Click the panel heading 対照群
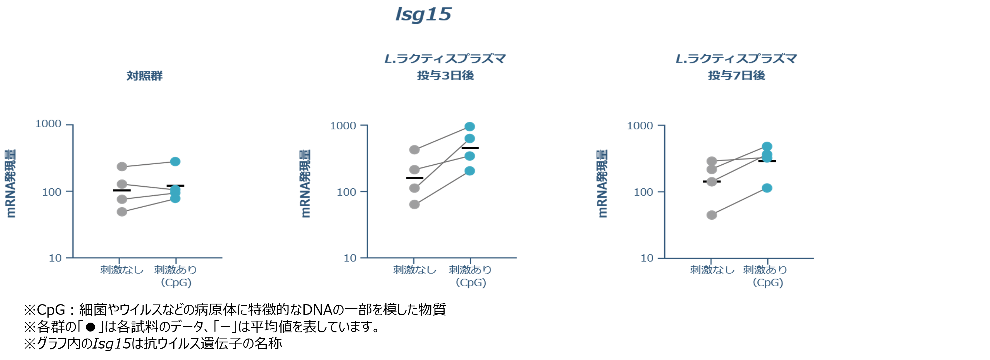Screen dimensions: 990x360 coord(144,76)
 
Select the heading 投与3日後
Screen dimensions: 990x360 coord(445,75)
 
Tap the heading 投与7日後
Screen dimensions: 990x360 coord(736,75)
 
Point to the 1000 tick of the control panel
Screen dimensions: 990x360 coord(48,124)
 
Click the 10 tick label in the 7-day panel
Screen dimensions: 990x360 coord(647,258)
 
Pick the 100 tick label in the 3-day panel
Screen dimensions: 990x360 coord(346,192)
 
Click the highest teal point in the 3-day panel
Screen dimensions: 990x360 coord(470,126)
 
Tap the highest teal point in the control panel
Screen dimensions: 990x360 coord(175,161)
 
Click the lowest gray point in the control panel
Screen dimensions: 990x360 coord(122,212)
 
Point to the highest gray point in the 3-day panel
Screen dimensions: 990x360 coord(414,150)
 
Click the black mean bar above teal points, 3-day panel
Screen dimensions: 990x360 coord(470,148)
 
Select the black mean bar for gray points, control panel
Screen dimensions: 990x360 coord(122,190)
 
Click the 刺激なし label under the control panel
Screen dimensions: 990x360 coord(122,270)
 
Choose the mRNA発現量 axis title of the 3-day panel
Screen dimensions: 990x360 coord(305,184)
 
